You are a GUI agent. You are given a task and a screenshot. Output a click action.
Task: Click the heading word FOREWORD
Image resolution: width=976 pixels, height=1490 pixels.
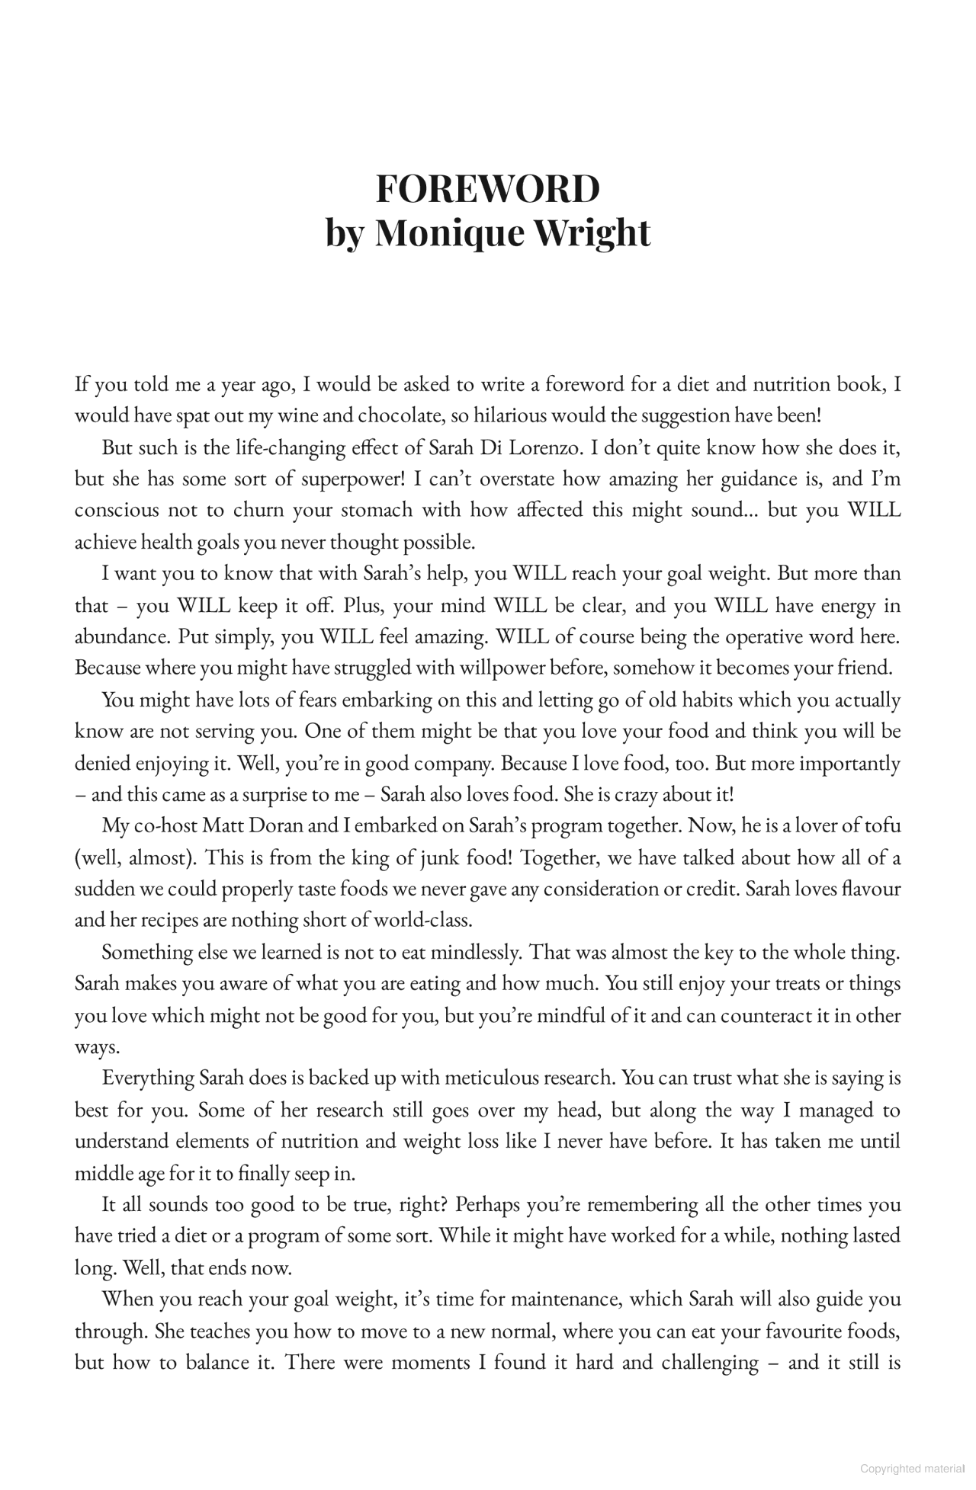coord(487,189)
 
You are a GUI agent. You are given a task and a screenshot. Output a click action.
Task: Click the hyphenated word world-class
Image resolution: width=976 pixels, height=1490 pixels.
coord(422,921)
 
